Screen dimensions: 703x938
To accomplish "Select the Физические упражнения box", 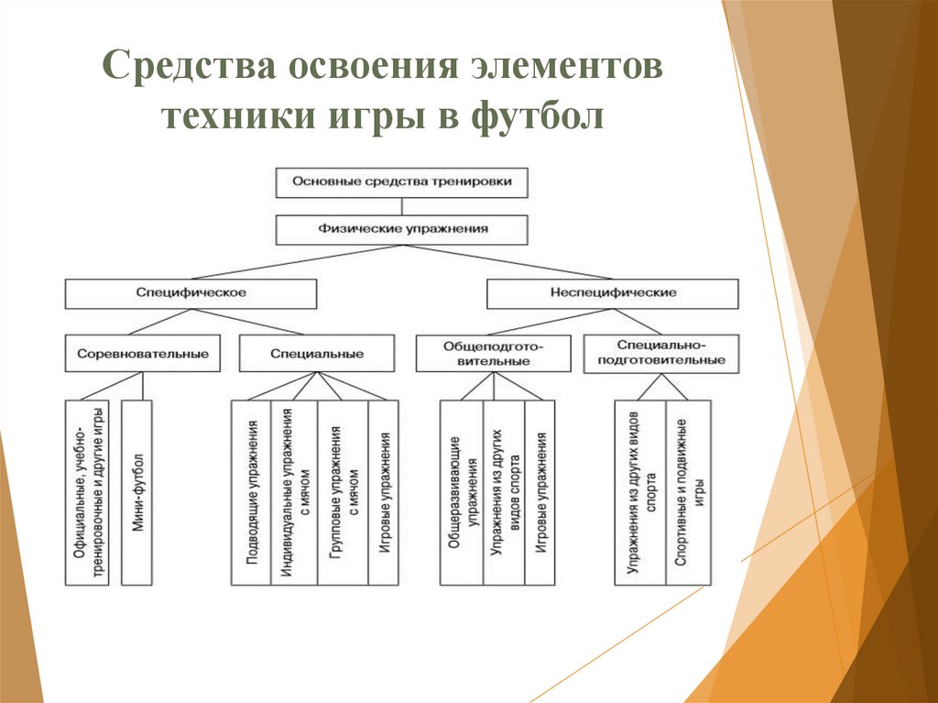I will [402, 229].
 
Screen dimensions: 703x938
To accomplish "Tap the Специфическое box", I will [191, 293].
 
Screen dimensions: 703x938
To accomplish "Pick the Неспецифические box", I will [613, 293].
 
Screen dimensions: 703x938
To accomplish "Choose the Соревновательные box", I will [143, 353].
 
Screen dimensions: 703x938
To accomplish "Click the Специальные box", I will [317, 353].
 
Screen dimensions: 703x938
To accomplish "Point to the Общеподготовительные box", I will [493, 354].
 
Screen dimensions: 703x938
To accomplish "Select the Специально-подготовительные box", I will [661, 353].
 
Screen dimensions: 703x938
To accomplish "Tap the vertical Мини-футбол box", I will [136, 492].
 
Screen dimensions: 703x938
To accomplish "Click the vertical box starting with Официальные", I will [87, 492].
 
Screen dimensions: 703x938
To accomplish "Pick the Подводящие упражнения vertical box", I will [251, 492].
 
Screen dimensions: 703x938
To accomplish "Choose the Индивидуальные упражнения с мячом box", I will [293, 492].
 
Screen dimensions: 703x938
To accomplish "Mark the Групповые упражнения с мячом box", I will [343, 492].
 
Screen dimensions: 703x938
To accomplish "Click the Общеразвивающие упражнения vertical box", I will [461, 492].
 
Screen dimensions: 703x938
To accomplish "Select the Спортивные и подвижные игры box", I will [688, 492].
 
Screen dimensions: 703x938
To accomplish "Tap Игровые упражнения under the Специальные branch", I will [384, 492].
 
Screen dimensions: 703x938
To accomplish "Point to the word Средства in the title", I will [188, 70].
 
